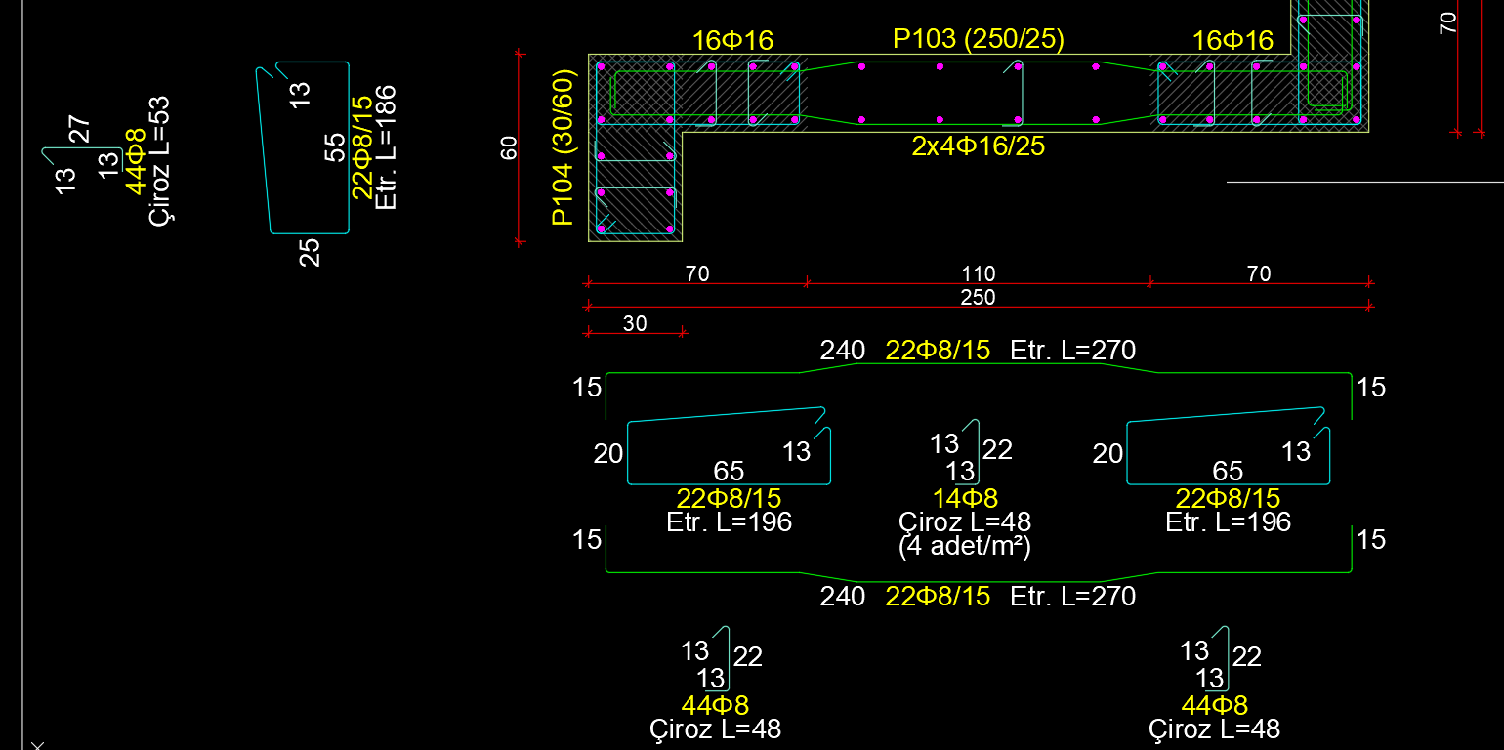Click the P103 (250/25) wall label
click(x=978, y=39)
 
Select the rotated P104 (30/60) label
click(x=563, y=146)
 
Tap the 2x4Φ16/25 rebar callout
click(x=978, y=146)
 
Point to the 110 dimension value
click(x=978, y=274)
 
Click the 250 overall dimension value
click(x=978, y=298)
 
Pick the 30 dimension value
click(x=635, y=324)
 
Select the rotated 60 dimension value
click(x=509, y=149)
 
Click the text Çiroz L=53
click(x=160, y=160)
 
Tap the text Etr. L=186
click(x=386, y=147)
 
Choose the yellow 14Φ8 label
click(x=965, y=499)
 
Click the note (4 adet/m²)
click(x=965, y=546)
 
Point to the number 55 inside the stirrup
click(x=335, y=147)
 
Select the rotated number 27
click(x=80, y=130)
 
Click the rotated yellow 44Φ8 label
click(x=136, y=161)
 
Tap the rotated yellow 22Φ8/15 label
click(x=361, y=147)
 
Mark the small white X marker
click(x=37, y=745)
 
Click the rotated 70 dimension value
click(x=1448, y=21)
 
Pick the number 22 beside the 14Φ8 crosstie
click(x=997, y=450)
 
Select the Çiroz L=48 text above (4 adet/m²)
click(x=965, y=522)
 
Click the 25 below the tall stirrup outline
click(x=310, y=253)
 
